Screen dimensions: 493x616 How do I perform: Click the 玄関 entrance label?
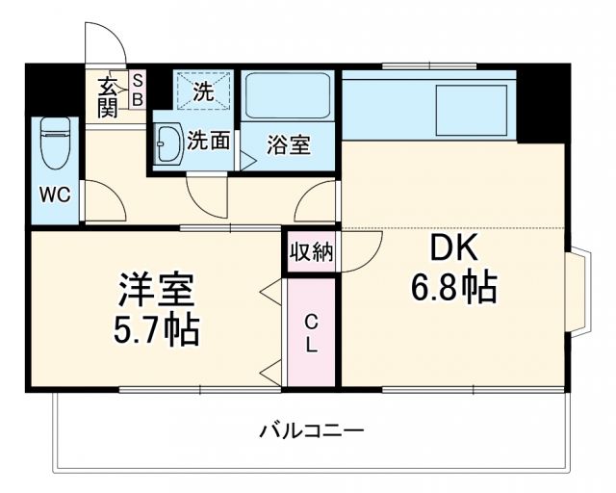click(x=107, y=96)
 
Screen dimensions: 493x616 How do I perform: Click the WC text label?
click(x=54, y=195)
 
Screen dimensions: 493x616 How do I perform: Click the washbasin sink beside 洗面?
click(x=168, y=145)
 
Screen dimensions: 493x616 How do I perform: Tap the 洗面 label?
click(x=208, y=142)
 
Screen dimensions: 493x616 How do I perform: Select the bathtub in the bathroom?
click(x=286, y=96)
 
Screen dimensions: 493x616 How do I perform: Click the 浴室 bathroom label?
click(x=289, y=146)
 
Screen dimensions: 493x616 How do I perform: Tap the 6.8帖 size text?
click(x=456, y=286)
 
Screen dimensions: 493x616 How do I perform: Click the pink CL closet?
click(x=311, y=332)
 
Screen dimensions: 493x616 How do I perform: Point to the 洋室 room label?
click(x=157, y=290)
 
